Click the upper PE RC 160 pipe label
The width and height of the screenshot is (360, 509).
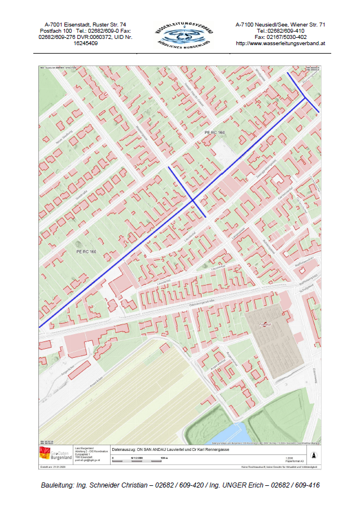[x=214, y=132]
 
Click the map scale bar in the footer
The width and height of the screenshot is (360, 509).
[x=141, y=461]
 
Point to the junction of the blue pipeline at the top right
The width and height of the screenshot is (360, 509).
[x=305, y=98]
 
